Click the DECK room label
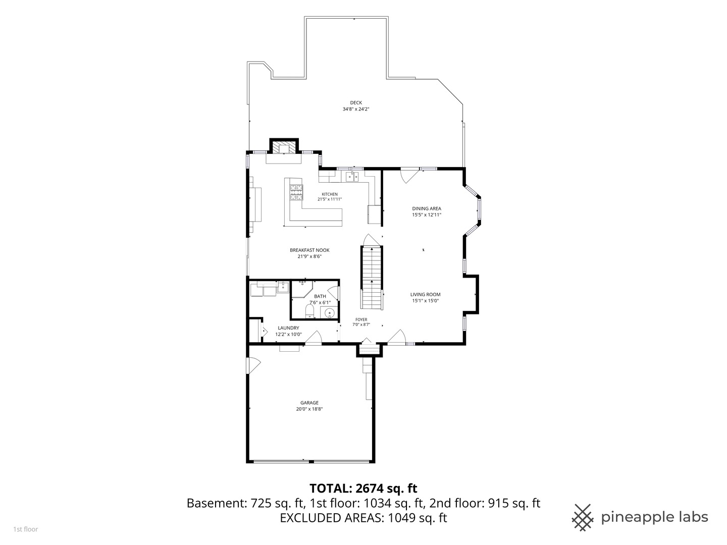coord(356,103)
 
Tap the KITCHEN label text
coord(330,194)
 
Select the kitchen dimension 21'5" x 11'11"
coord(330,199)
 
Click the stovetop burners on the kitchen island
coord(296,192)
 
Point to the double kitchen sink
coord(352,177)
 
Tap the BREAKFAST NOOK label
coord(309,250)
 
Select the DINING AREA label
coord(427,208)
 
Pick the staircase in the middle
coord(372,278)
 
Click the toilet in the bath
coord(309,311)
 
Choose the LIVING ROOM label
coord(425,295)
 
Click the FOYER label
coord(361,319)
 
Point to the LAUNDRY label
coord(288,328)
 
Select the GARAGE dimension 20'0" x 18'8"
coord(309,409)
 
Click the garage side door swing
coord(253,366)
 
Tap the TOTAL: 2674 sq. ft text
coord(363,488)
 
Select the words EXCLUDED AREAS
coord(332,518)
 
